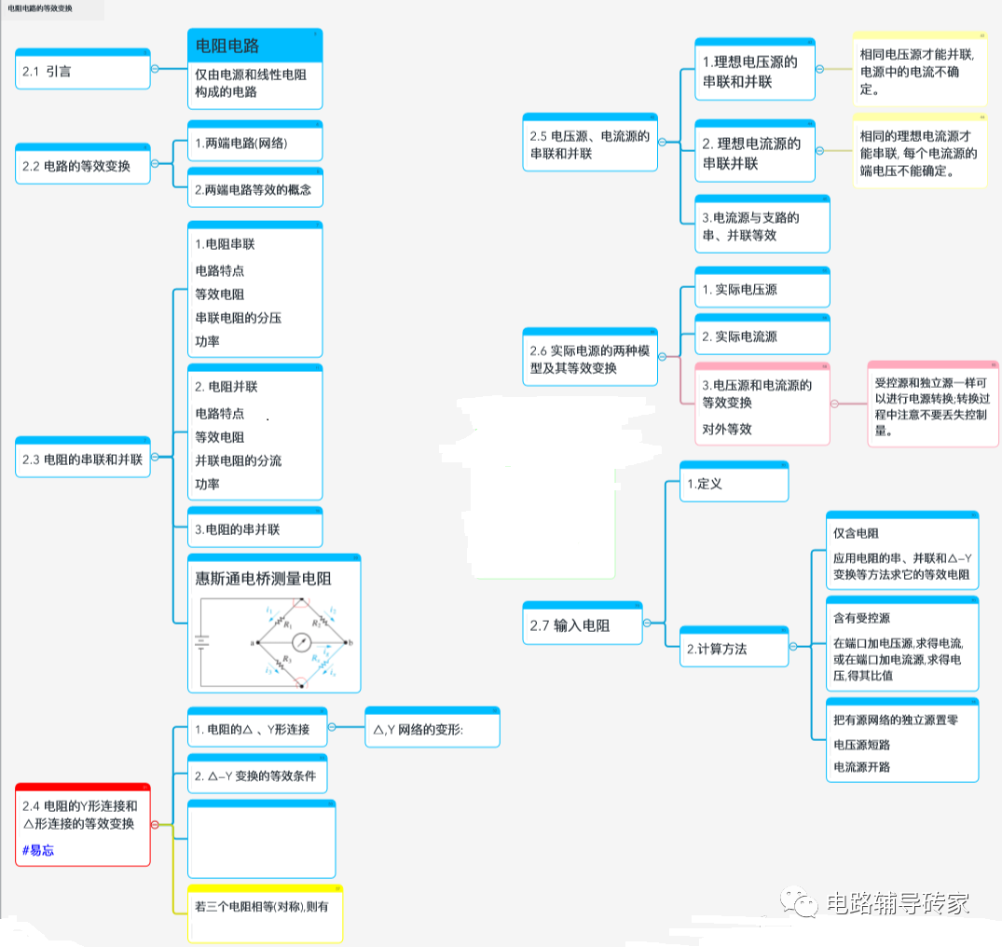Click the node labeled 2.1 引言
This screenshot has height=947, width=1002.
pos(82,71)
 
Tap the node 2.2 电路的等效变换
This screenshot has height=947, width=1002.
pos(82,166)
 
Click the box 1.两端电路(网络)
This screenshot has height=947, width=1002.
pos(254,144)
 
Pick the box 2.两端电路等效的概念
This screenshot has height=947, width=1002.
pos(254,190)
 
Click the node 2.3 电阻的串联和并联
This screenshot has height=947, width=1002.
pos(82,459)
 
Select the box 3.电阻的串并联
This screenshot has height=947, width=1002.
pos(254,528)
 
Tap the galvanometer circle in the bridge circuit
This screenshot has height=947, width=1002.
pos(301,642)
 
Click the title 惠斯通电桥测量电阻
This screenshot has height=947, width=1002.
pos(263,578)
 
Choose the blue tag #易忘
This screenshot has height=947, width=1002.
pos(38,850)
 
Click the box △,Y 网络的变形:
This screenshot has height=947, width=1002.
pos(432,730)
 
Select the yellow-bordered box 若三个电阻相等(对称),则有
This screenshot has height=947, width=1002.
pos(265,906)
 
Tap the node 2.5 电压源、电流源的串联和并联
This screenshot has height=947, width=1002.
pos(589,145)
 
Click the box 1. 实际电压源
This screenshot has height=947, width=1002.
pos(762,290)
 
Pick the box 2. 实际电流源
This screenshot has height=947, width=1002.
pos(762,336)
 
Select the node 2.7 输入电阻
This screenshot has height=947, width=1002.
pos(583,625)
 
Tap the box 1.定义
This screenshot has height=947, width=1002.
pos(734,484)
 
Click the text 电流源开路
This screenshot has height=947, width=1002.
pos(861,766)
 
